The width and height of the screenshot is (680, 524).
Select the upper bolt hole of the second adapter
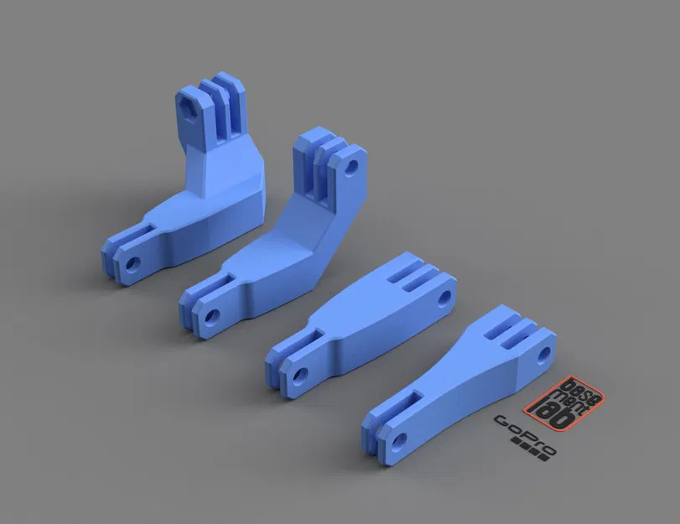[353, 165]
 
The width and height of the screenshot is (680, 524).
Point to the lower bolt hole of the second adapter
[211, 317]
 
